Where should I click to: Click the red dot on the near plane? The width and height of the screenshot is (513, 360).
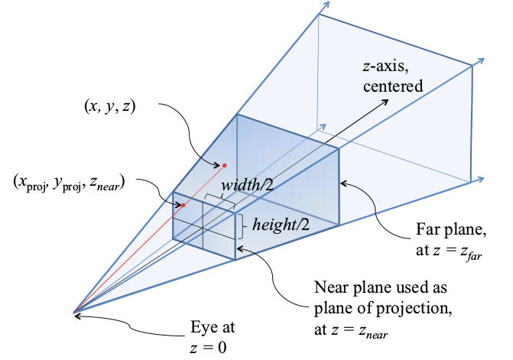(183, 205)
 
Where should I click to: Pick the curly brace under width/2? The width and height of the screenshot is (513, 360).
(219, 196)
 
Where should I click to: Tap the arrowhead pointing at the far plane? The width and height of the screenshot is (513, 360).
(342, 182)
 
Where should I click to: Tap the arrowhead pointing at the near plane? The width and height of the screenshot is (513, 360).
(239, 248)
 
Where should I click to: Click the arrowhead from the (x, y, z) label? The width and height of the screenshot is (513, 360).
(217, 160)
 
